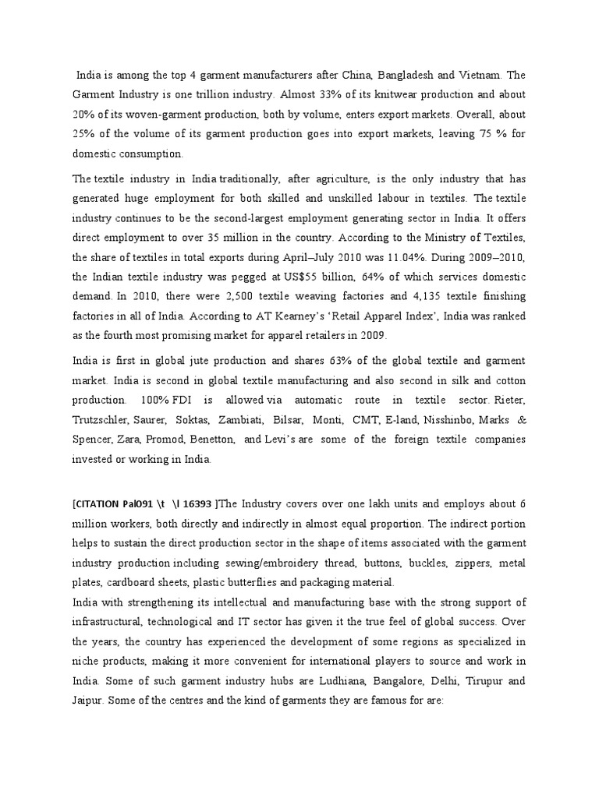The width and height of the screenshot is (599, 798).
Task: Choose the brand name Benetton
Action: coord(211,440)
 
